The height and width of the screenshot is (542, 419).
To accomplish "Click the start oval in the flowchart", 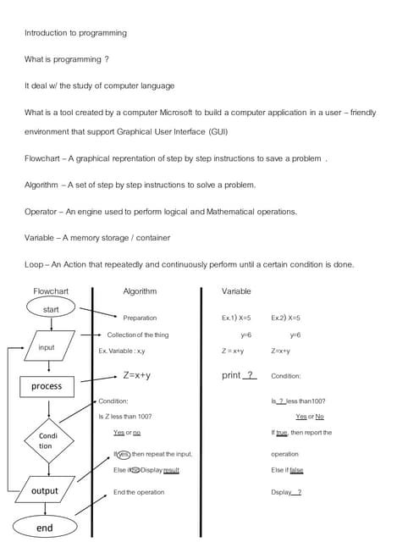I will pos(51,309).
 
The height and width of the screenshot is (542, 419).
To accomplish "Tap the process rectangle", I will pos(47,386).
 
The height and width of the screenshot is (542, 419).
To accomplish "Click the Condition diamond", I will pos(46,440).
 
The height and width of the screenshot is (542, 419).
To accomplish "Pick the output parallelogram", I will pos(44,491).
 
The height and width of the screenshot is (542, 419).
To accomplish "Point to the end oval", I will pos(45,527).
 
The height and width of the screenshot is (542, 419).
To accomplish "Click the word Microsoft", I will pos(217,113).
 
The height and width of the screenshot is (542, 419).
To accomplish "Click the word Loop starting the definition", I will pos(34,264).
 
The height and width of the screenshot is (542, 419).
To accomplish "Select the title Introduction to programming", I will pos(75,33).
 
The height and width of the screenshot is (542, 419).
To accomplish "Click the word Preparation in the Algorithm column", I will pos(140,318).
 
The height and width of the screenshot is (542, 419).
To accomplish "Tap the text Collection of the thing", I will pos(137,335).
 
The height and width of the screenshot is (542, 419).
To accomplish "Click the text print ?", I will pos(239,375).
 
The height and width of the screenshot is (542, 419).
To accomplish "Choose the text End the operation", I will pos(139,492).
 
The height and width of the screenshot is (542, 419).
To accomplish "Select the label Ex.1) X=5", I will pos(236,318).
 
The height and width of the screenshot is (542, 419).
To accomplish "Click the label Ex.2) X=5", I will pos(286,318).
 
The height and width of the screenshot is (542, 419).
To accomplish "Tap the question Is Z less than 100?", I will pos(125,416).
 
